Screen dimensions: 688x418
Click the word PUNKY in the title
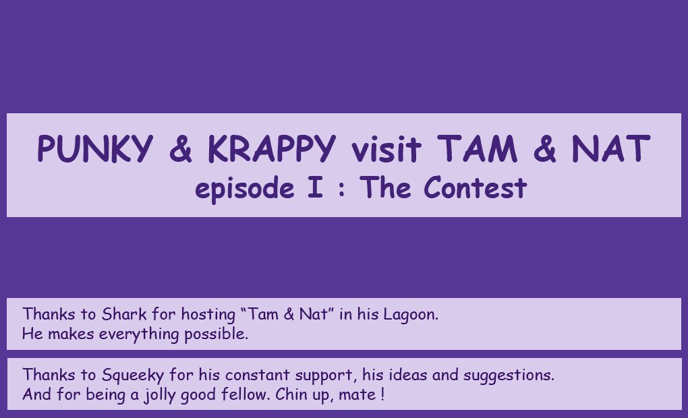tap(95, 149)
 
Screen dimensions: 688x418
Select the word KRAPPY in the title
tap(272, 149)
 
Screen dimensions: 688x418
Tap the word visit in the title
tap(386, 149)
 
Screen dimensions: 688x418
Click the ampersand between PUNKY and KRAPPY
tap(180, 149)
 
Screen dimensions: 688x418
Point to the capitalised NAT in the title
tap(611, 149)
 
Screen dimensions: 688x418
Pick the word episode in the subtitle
tap(244, 189)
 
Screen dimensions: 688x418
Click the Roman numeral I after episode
tap(316, 187)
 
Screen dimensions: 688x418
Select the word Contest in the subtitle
tap(476, 187)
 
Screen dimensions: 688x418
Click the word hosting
tap(208, 315)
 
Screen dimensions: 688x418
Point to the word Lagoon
tap(411, 315)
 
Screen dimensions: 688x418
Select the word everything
tap(139, 334)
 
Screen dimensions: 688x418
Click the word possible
tap(217, 334)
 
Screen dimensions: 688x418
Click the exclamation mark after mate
tap(383, 394)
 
